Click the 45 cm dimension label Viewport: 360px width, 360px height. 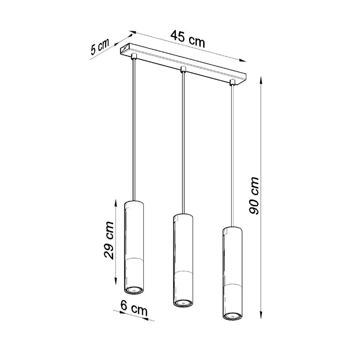click(x=188, y=39)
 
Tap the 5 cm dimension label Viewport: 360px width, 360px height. click(x=99, y=48)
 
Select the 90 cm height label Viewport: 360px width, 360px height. click(x=254, y=196)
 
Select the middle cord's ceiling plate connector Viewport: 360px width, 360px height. click(x=183, y=71)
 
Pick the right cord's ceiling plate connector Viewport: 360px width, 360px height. click(x=232, y=83)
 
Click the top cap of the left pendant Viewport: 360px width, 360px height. click(x=133, y=204)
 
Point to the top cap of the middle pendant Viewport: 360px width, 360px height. click(x=182, y=216)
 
